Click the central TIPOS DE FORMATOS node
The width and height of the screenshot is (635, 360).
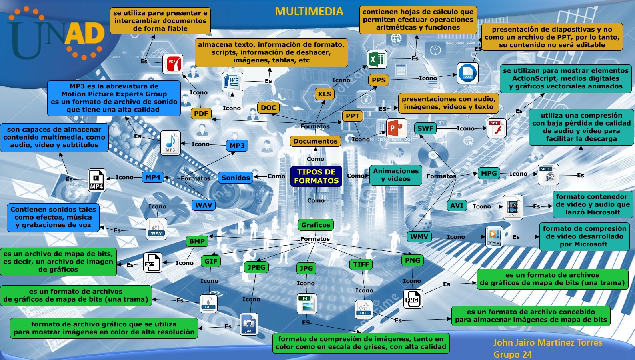(316, 176)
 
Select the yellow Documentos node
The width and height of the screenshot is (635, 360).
(316, 141)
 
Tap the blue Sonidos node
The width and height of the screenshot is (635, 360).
(236, 178)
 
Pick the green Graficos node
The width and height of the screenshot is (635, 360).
(316, 225)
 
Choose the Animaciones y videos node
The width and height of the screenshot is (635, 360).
(396, 175)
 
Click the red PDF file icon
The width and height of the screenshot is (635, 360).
(173, 64)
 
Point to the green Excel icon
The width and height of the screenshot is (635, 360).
(377, 60)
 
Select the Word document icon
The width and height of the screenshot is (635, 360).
(232, 82)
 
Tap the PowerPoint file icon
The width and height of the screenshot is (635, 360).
(397, 128)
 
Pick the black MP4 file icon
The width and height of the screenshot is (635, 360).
(97, 180)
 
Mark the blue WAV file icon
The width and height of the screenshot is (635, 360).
(156, 229)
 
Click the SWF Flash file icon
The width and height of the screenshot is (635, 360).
(497, 128)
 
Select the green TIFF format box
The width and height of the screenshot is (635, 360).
(361, 264)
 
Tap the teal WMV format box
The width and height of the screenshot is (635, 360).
(419, 237)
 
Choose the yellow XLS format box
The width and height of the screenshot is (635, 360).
(325, 94)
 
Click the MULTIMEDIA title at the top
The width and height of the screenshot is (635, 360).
(309, 11)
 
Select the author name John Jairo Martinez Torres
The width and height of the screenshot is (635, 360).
(547, 342)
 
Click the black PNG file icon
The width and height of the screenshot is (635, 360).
(412, 299)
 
